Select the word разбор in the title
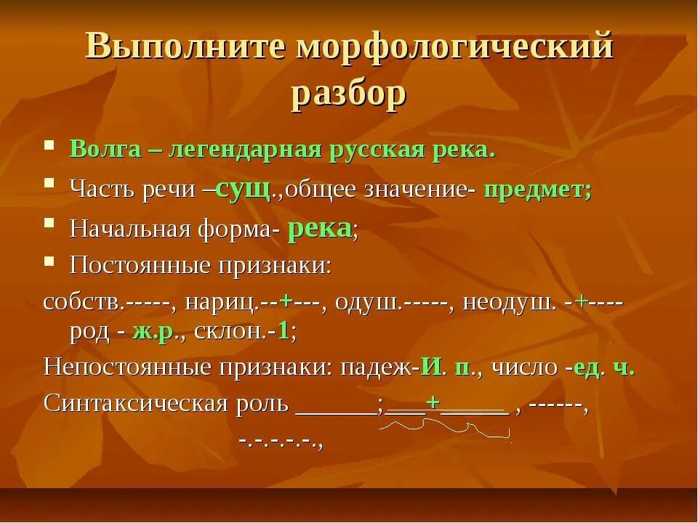click(x=348, y=95)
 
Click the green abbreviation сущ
click(x=244, y=189)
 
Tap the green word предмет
click(x=537, y=190)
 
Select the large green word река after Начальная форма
click(x=319, y=228)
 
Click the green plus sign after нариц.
click(x=286, y=301)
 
